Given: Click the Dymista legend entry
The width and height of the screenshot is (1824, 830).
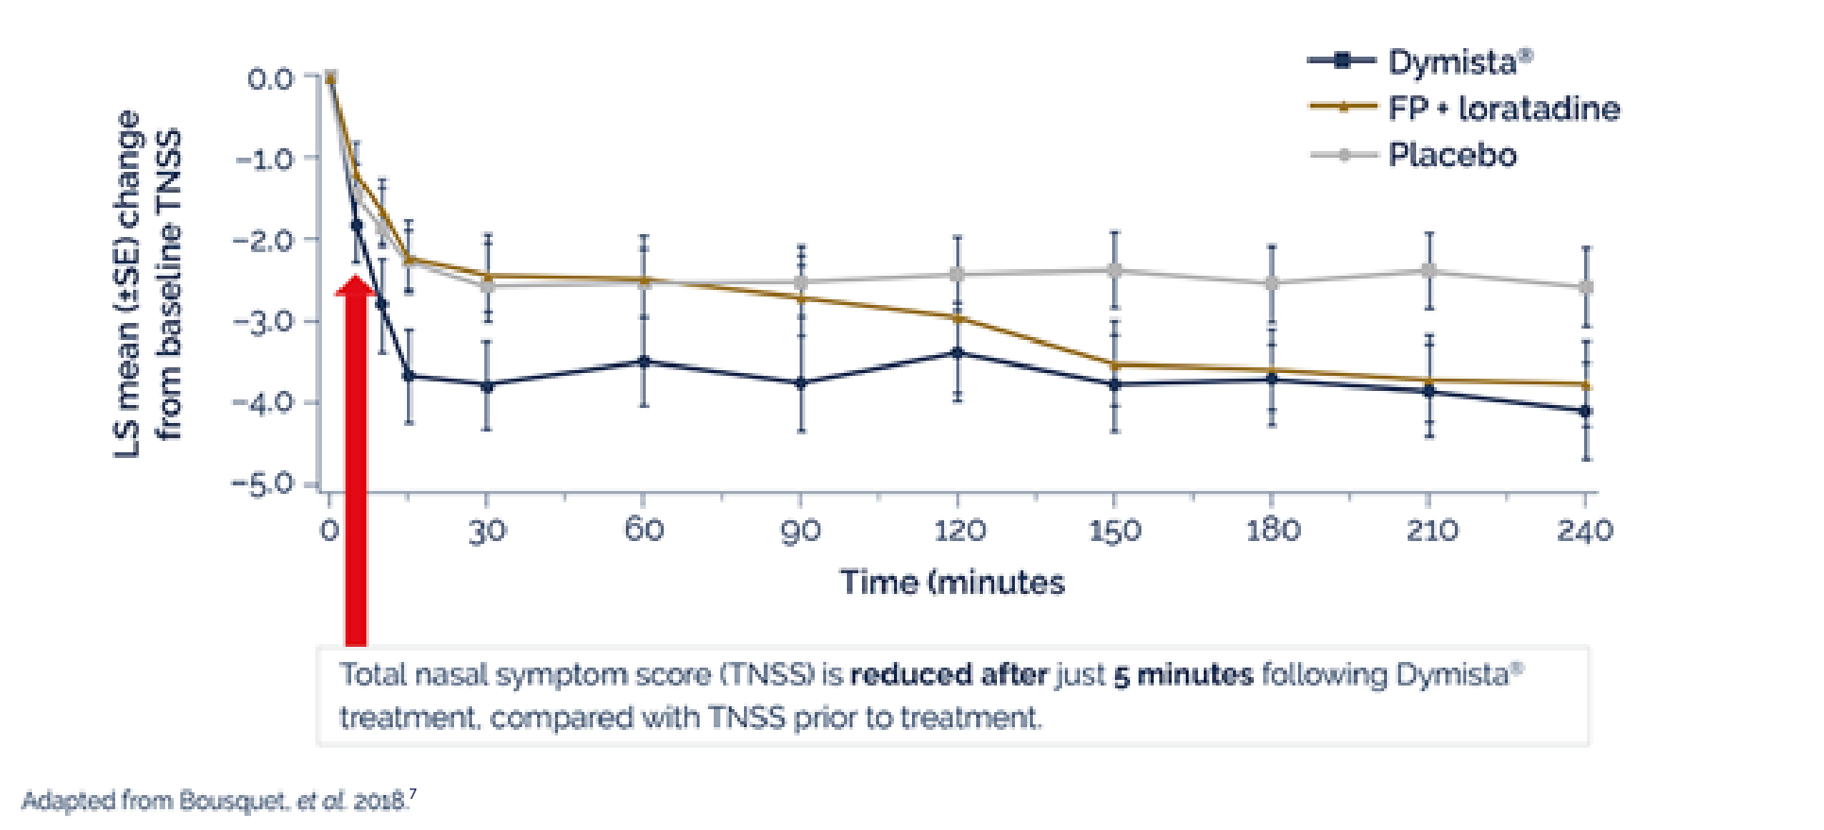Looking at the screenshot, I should coord(1459,62).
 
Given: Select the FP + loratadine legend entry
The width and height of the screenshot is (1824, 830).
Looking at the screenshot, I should coord(1503,109).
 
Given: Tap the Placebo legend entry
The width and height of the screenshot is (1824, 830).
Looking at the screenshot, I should coord(1451,155).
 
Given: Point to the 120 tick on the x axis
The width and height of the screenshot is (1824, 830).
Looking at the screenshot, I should coord(958,531).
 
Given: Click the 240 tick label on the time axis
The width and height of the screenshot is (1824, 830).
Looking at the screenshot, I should coord(1585,531).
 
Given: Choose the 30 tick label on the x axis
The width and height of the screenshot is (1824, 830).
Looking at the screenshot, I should coord(487,531).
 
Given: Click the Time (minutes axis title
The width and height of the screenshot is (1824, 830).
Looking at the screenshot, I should coord(952,583).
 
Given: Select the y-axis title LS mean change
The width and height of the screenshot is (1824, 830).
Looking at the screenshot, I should coord(146,283).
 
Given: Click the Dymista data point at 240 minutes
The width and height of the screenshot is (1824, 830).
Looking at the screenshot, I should coord(1586,412).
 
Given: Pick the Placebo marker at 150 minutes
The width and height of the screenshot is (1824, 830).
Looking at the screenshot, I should coord(1115,270).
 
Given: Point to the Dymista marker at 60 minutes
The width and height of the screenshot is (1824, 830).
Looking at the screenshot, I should coord(644,362).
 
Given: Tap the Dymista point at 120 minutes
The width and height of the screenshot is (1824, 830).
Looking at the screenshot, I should coord(957,353).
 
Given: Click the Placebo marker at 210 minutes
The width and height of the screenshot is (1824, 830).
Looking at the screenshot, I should coord(1429,271).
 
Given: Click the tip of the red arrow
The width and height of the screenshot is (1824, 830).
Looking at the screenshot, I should coord(355,277).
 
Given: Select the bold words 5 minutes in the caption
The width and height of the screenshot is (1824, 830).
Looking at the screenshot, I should coord(1183,675).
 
